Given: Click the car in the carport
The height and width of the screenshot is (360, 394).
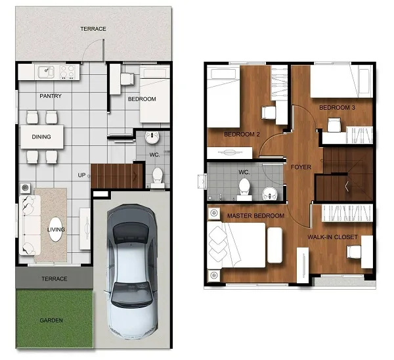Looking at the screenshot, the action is pyautogui.click(x=132, y=271).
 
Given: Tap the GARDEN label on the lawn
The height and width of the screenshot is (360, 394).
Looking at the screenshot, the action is pyautogui.click(x=51, y=321).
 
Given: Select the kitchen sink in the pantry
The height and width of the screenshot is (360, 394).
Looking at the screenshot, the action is pyautogui.click(x=46, y=72).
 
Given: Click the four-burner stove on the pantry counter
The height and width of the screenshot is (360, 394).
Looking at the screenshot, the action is pyautogui.click(x=68, y=72).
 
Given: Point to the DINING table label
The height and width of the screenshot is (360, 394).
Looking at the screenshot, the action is pyautogui.click(x=41, y=137).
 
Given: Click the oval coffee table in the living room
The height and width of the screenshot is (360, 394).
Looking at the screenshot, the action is pyautogui.click(x=55, y=229).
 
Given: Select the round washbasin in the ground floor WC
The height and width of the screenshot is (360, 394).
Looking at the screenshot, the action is pyautogui.click(x=152, y=137).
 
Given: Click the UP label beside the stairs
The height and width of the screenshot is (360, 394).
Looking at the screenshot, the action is pyautogui.click(x=81, y=175).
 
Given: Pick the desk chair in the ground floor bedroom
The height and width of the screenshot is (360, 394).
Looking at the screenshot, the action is pyautogui.click(x=127, y=79).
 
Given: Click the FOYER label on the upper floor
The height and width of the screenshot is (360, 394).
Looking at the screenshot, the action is pyautogui.click(x=301, y=167).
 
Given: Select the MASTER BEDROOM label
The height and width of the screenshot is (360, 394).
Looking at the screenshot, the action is pyautogui.click(x=256, y=215).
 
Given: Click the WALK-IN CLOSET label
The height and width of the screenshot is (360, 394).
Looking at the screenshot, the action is pyautogui.click(x=332, y=237).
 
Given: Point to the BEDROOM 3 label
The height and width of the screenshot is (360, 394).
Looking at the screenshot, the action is pyautogui.click(x=337, y=108).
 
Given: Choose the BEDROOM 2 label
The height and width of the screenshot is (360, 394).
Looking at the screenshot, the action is pyautogui.click(x=242, y=135).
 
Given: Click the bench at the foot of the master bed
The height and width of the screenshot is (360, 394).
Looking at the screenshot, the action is pyautogui.click(x=275, y=245).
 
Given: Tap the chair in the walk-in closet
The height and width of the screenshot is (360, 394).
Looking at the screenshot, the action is pyautogui.click(x=354, y=252).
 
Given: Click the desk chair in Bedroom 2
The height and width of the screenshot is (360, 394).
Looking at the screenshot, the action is pyautogui.click(x=269, y=112).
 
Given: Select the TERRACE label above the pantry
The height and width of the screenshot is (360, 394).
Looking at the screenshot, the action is pyautogui.click(x=93, y=29).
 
